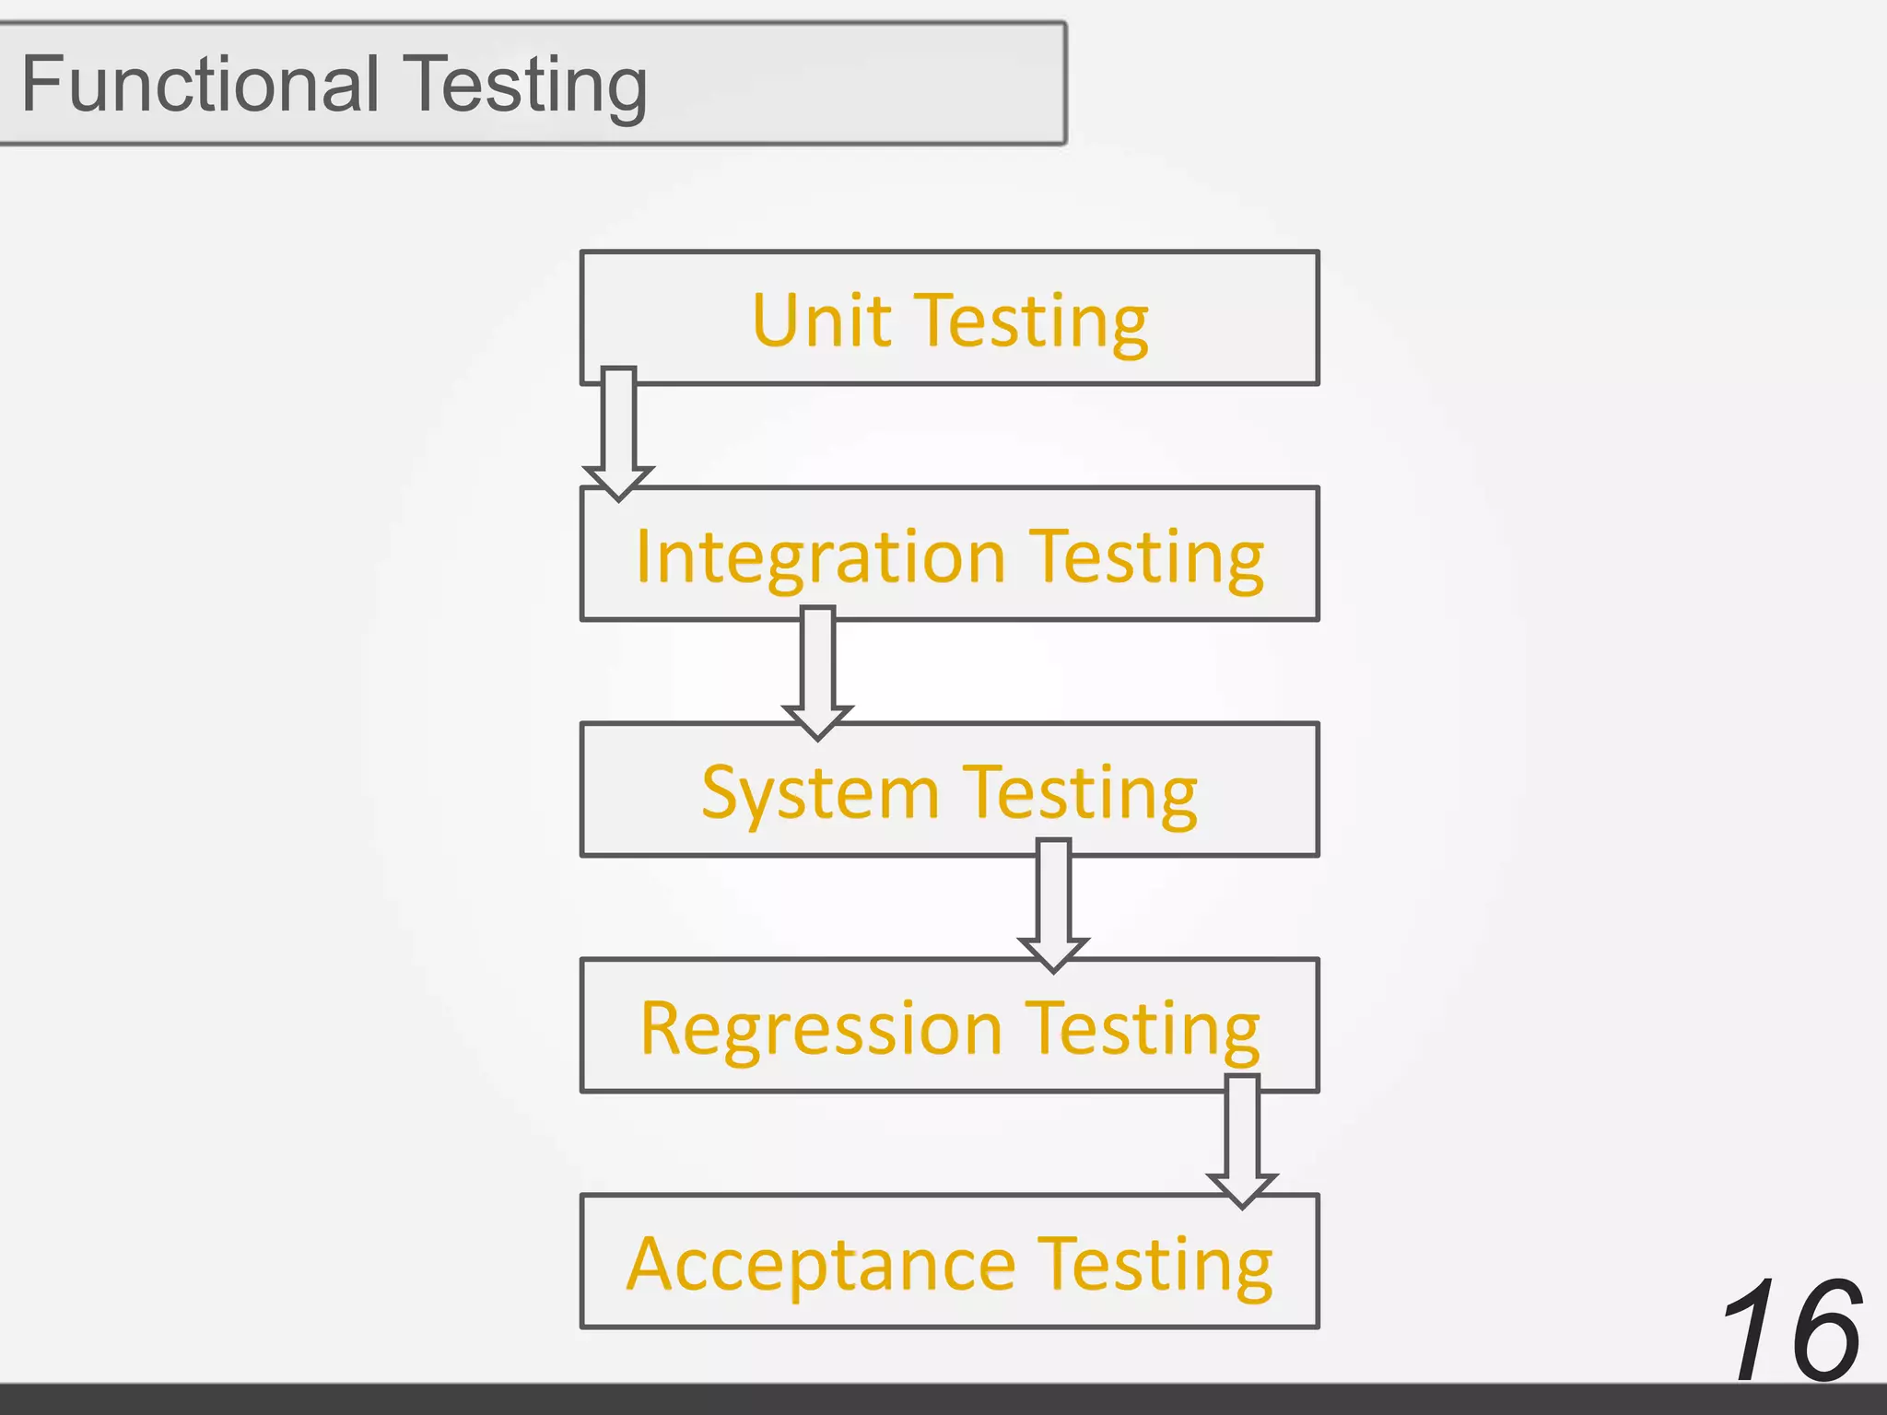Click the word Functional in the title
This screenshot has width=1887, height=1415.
coord(199,84)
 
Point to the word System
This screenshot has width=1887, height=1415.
coord(819,793)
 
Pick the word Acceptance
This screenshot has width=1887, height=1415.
coord(821,1265)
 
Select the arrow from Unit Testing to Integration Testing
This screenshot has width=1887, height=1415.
coord(618,428)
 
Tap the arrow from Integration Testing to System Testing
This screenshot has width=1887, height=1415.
coord(818,668)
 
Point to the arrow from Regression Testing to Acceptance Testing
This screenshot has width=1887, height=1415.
coord(1242,1138)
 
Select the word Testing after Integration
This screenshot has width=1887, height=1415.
coord(1146,559)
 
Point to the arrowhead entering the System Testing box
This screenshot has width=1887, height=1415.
coord(818,720)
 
